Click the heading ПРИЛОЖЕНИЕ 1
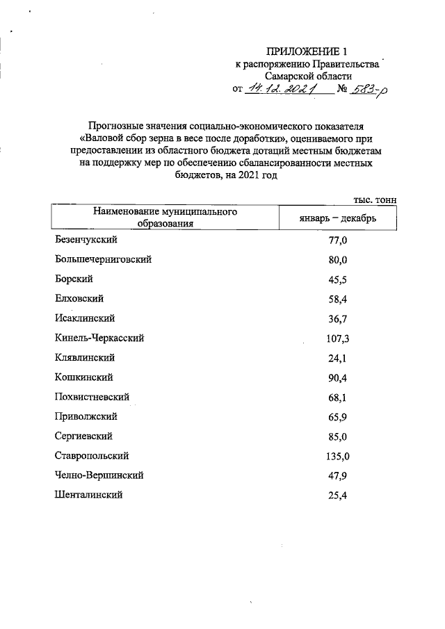(307, 51)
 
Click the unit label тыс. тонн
(375, 199)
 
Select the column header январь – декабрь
(338, 218)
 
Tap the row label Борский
(73, 279)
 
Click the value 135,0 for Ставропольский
(338, 457)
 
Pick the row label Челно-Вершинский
(99, 476)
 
